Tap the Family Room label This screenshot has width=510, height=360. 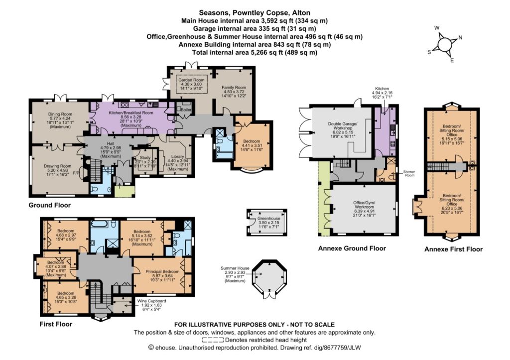(234, 87)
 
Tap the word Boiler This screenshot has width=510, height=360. (187, 110)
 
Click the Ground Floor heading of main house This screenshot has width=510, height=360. (49, 205)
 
